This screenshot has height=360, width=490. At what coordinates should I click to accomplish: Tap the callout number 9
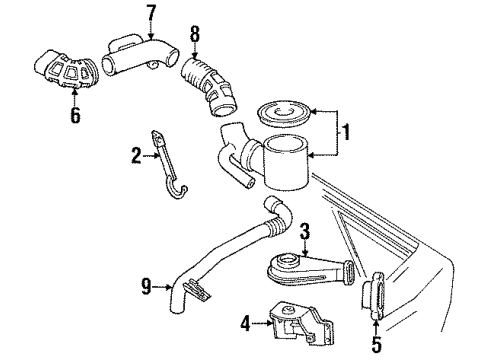pyautogui.click(x=148, y=289)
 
